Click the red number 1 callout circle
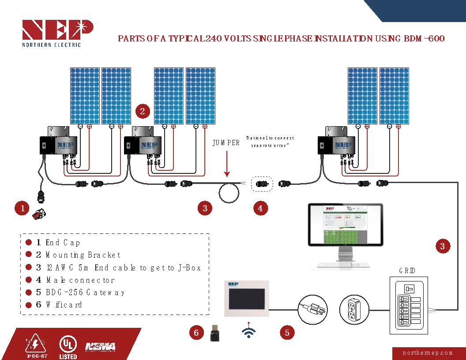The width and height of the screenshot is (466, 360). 22,208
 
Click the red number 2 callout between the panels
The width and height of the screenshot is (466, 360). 142,111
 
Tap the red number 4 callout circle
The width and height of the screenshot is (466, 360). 260,208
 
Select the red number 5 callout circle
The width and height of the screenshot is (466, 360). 287,332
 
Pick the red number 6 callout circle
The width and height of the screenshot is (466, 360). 196,332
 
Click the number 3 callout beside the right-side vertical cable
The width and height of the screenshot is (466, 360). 443,246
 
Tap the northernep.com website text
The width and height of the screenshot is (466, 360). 428,353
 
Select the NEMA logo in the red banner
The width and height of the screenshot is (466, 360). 100,346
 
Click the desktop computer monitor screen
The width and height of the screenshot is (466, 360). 346,225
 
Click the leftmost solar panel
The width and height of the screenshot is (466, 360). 85,96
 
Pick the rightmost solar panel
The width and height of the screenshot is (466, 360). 394,96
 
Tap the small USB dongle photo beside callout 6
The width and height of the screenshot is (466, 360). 215,333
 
